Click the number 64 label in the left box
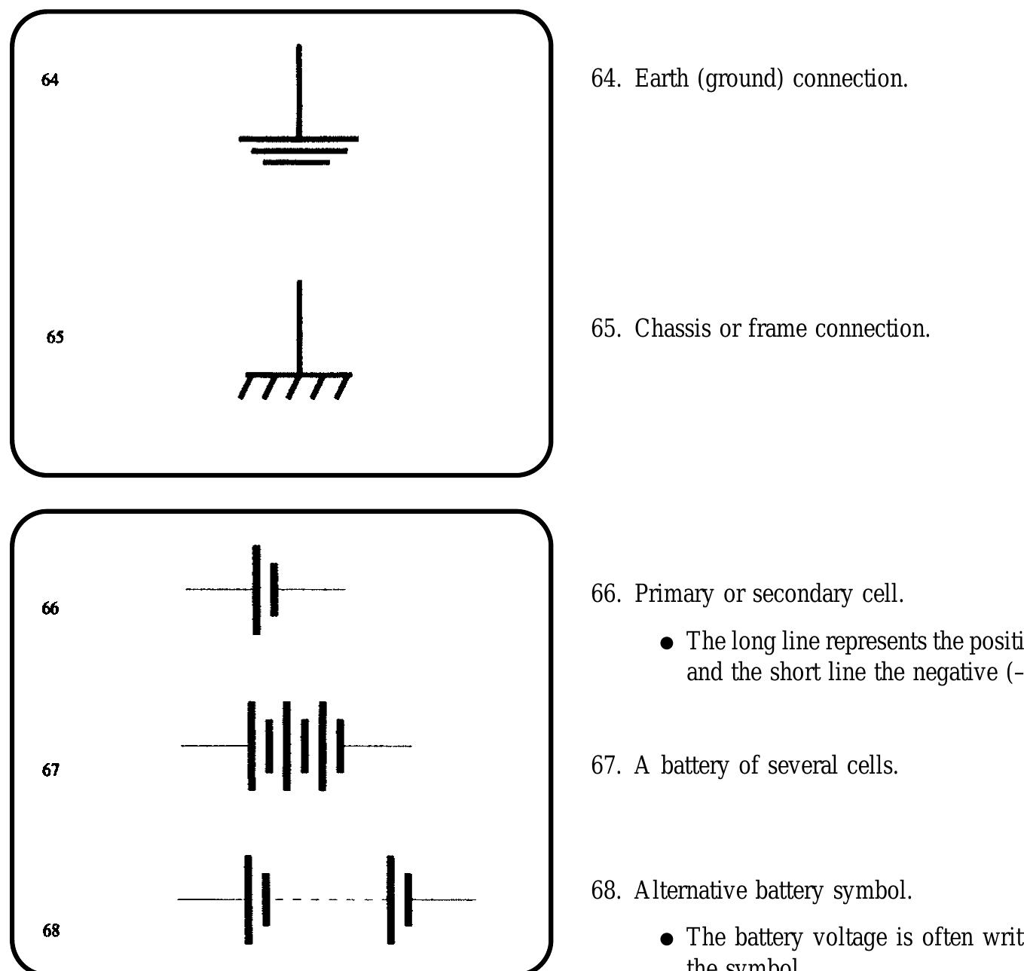[50, 80]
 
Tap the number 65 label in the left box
[55, 337]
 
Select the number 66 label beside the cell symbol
[50, 609]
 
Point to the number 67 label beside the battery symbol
[50, 770]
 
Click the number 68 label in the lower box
[50, 931]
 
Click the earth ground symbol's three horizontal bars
[298, 150]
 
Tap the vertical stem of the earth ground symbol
[299, 90]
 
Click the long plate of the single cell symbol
[256, 589]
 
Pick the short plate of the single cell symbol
[274, 589]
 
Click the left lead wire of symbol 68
[211, 899]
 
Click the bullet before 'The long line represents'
[666, 643]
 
